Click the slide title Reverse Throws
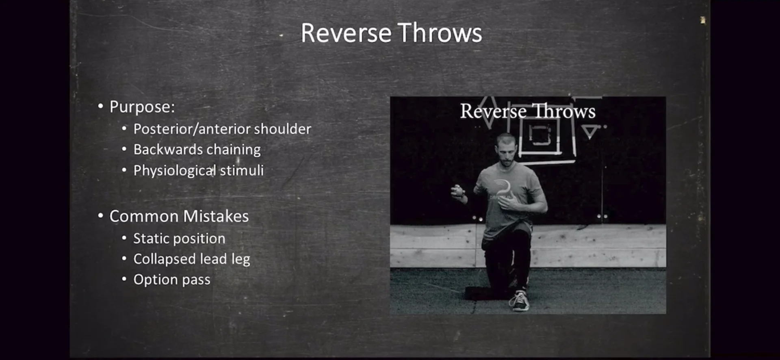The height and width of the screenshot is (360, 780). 391,33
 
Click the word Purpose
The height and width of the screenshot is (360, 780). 142,107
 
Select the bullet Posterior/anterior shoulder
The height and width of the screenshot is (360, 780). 222,129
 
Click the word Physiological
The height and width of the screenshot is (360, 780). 174,171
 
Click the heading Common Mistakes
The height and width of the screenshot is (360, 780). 179,216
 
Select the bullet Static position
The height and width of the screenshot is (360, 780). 179,239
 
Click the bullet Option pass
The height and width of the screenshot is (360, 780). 171,280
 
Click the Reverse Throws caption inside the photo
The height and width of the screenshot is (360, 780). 527,111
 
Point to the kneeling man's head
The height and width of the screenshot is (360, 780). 506,150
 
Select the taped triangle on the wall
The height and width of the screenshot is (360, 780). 589,131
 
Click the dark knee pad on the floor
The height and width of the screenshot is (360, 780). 483,293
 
